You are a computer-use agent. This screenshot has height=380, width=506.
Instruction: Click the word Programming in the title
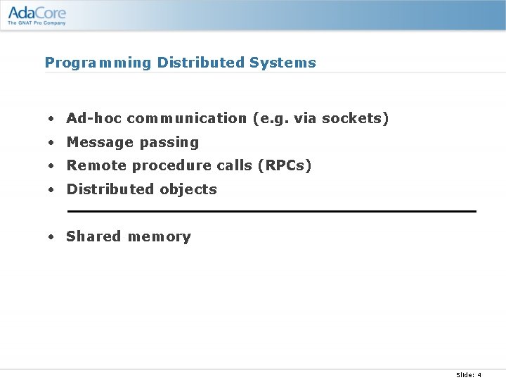tap(98, 63)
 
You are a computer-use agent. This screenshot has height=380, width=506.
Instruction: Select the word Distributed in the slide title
tap(201, 63)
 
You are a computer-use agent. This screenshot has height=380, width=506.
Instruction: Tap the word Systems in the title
tap(283, 63)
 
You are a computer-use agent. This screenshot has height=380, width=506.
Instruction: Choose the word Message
tap(100, 142)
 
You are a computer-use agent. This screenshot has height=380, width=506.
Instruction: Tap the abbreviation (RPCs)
tap(284, 165)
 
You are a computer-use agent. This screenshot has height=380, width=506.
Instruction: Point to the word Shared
tap(93, 236)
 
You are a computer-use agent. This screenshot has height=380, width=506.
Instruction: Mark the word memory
tap(160, 237)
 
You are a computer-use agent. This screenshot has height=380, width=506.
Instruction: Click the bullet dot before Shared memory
tap(51, 237)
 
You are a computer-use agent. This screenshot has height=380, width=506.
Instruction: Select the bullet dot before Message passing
tap(51, 143)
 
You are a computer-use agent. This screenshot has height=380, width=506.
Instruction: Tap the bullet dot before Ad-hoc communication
tap(51, 119)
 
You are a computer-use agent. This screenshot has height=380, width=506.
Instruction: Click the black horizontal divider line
tap(271, 211)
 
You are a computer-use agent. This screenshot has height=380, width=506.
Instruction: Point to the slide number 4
tap(479, 374)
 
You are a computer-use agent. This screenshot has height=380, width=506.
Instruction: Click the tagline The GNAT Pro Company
tap(37, 23)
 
